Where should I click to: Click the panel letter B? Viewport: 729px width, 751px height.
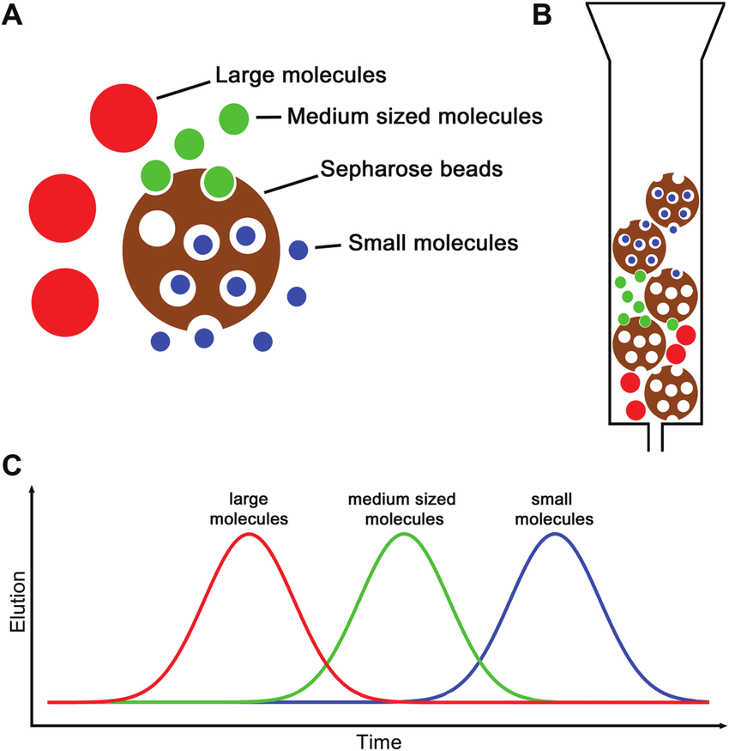pos(542,15)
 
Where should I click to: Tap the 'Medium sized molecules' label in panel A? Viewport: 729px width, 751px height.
pos(414,115)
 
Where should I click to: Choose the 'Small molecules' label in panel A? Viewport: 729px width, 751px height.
pos(433,243)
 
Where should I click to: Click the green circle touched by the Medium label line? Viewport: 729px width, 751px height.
pos(234,118)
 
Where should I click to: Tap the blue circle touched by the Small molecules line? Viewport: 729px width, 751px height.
pos(298,251)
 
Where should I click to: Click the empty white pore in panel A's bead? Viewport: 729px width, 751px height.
pos(156,230)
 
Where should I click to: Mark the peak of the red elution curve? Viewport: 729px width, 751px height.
pos(249,534)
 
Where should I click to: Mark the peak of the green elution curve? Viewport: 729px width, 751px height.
pos(403,534)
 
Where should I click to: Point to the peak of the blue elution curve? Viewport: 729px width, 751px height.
pos(556,534)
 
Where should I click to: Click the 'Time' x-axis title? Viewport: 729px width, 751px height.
pos(379,740)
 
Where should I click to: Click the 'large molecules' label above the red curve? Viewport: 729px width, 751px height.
pos(249,508)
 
